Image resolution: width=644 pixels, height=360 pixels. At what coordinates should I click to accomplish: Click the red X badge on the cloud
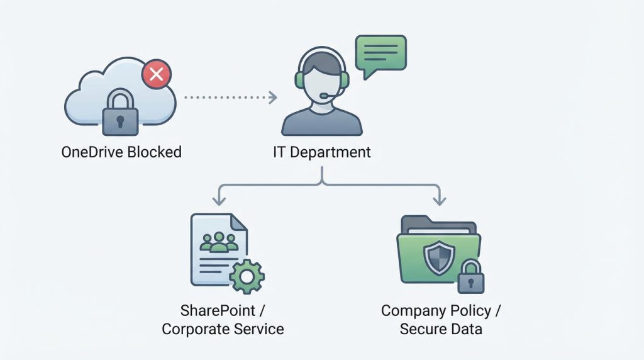pos(157,75)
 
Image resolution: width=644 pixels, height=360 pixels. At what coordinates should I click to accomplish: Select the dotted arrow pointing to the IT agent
pos(230,97)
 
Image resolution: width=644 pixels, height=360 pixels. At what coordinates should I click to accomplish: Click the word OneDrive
pos(92,152)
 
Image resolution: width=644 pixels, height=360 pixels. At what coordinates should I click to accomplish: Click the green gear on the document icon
pos(247,276)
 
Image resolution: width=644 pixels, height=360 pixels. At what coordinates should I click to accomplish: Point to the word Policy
pos(466,310)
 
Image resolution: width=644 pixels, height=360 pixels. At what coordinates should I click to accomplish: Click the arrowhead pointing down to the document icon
pos(218,201)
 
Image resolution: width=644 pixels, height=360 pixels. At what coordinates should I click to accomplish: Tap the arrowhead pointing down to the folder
pos(439,201)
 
